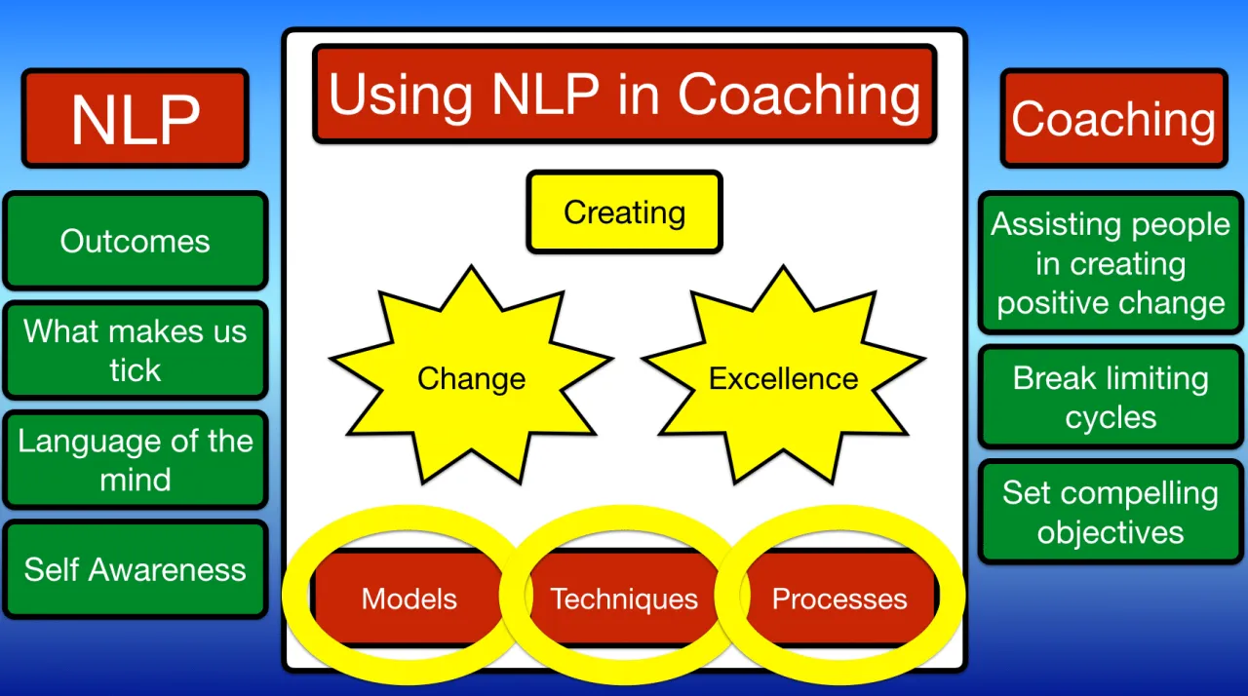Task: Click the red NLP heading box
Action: tap(135, 118)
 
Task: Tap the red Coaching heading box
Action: tap(1113, 118)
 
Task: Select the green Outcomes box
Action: tap(135, 241)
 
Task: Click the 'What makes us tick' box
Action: tap(135, 350)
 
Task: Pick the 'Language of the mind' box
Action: tap(135, 459)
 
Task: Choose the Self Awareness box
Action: tap(135, 569)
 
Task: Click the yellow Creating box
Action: tap(624, 213)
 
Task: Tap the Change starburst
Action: tap(471, 378)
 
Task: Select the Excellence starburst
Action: tap(783, 378)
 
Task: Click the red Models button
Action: tap(409, 599)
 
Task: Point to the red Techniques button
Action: tap(624, 599)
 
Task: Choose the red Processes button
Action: tap(839, 599)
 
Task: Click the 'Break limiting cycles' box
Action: tap(1111, 398)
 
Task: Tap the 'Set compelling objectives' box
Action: tap(1111, 513)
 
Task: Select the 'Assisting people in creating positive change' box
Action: tap(1111, 263)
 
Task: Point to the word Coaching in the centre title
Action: tap(799, 96)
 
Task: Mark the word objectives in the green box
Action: tap(1111, 532)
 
